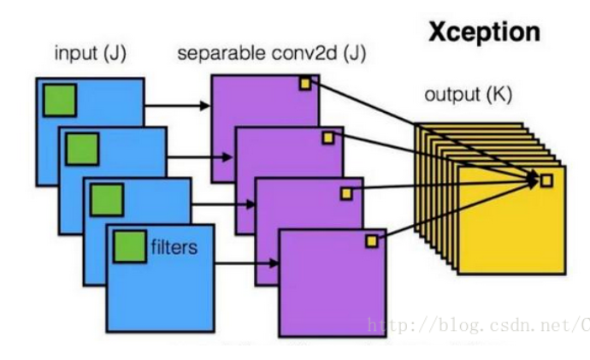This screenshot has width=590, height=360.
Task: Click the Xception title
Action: pos(484,32)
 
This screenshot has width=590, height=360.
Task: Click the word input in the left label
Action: pos(73,54)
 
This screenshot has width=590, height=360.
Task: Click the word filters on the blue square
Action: pos(174,248)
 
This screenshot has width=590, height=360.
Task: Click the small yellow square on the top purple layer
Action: pos(304,83)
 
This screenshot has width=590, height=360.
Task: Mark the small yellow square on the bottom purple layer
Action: pos(372,242)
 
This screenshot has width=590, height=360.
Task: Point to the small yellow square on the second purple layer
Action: pos(327,138)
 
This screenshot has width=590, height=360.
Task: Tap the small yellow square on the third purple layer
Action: pos(346,193)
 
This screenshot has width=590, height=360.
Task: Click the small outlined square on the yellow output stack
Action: pos(546,180)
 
